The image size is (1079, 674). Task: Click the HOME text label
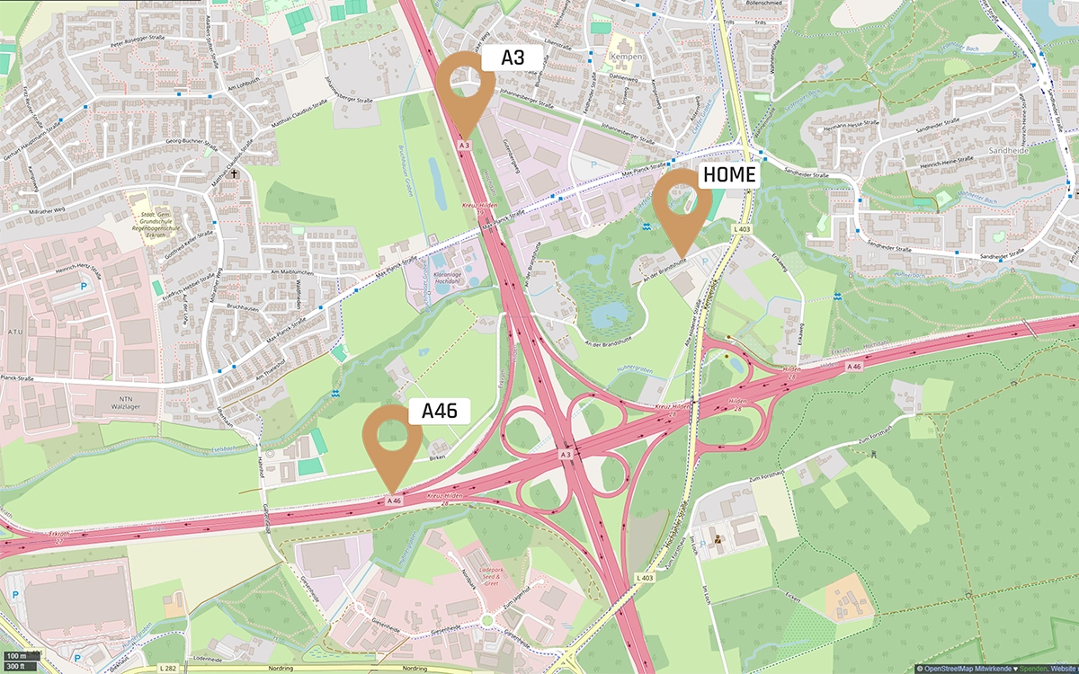(728, 175)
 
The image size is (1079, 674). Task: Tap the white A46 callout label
(440, 412)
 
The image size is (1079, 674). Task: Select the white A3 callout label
(512, 58)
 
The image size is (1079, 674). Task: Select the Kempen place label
(626, 57)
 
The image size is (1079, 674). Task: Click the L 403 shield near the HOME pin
(742, 231)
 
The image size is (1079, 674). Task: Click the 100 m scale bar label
(15, 656)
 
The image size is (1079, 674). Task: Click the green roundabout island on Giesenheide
(487, 620)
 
